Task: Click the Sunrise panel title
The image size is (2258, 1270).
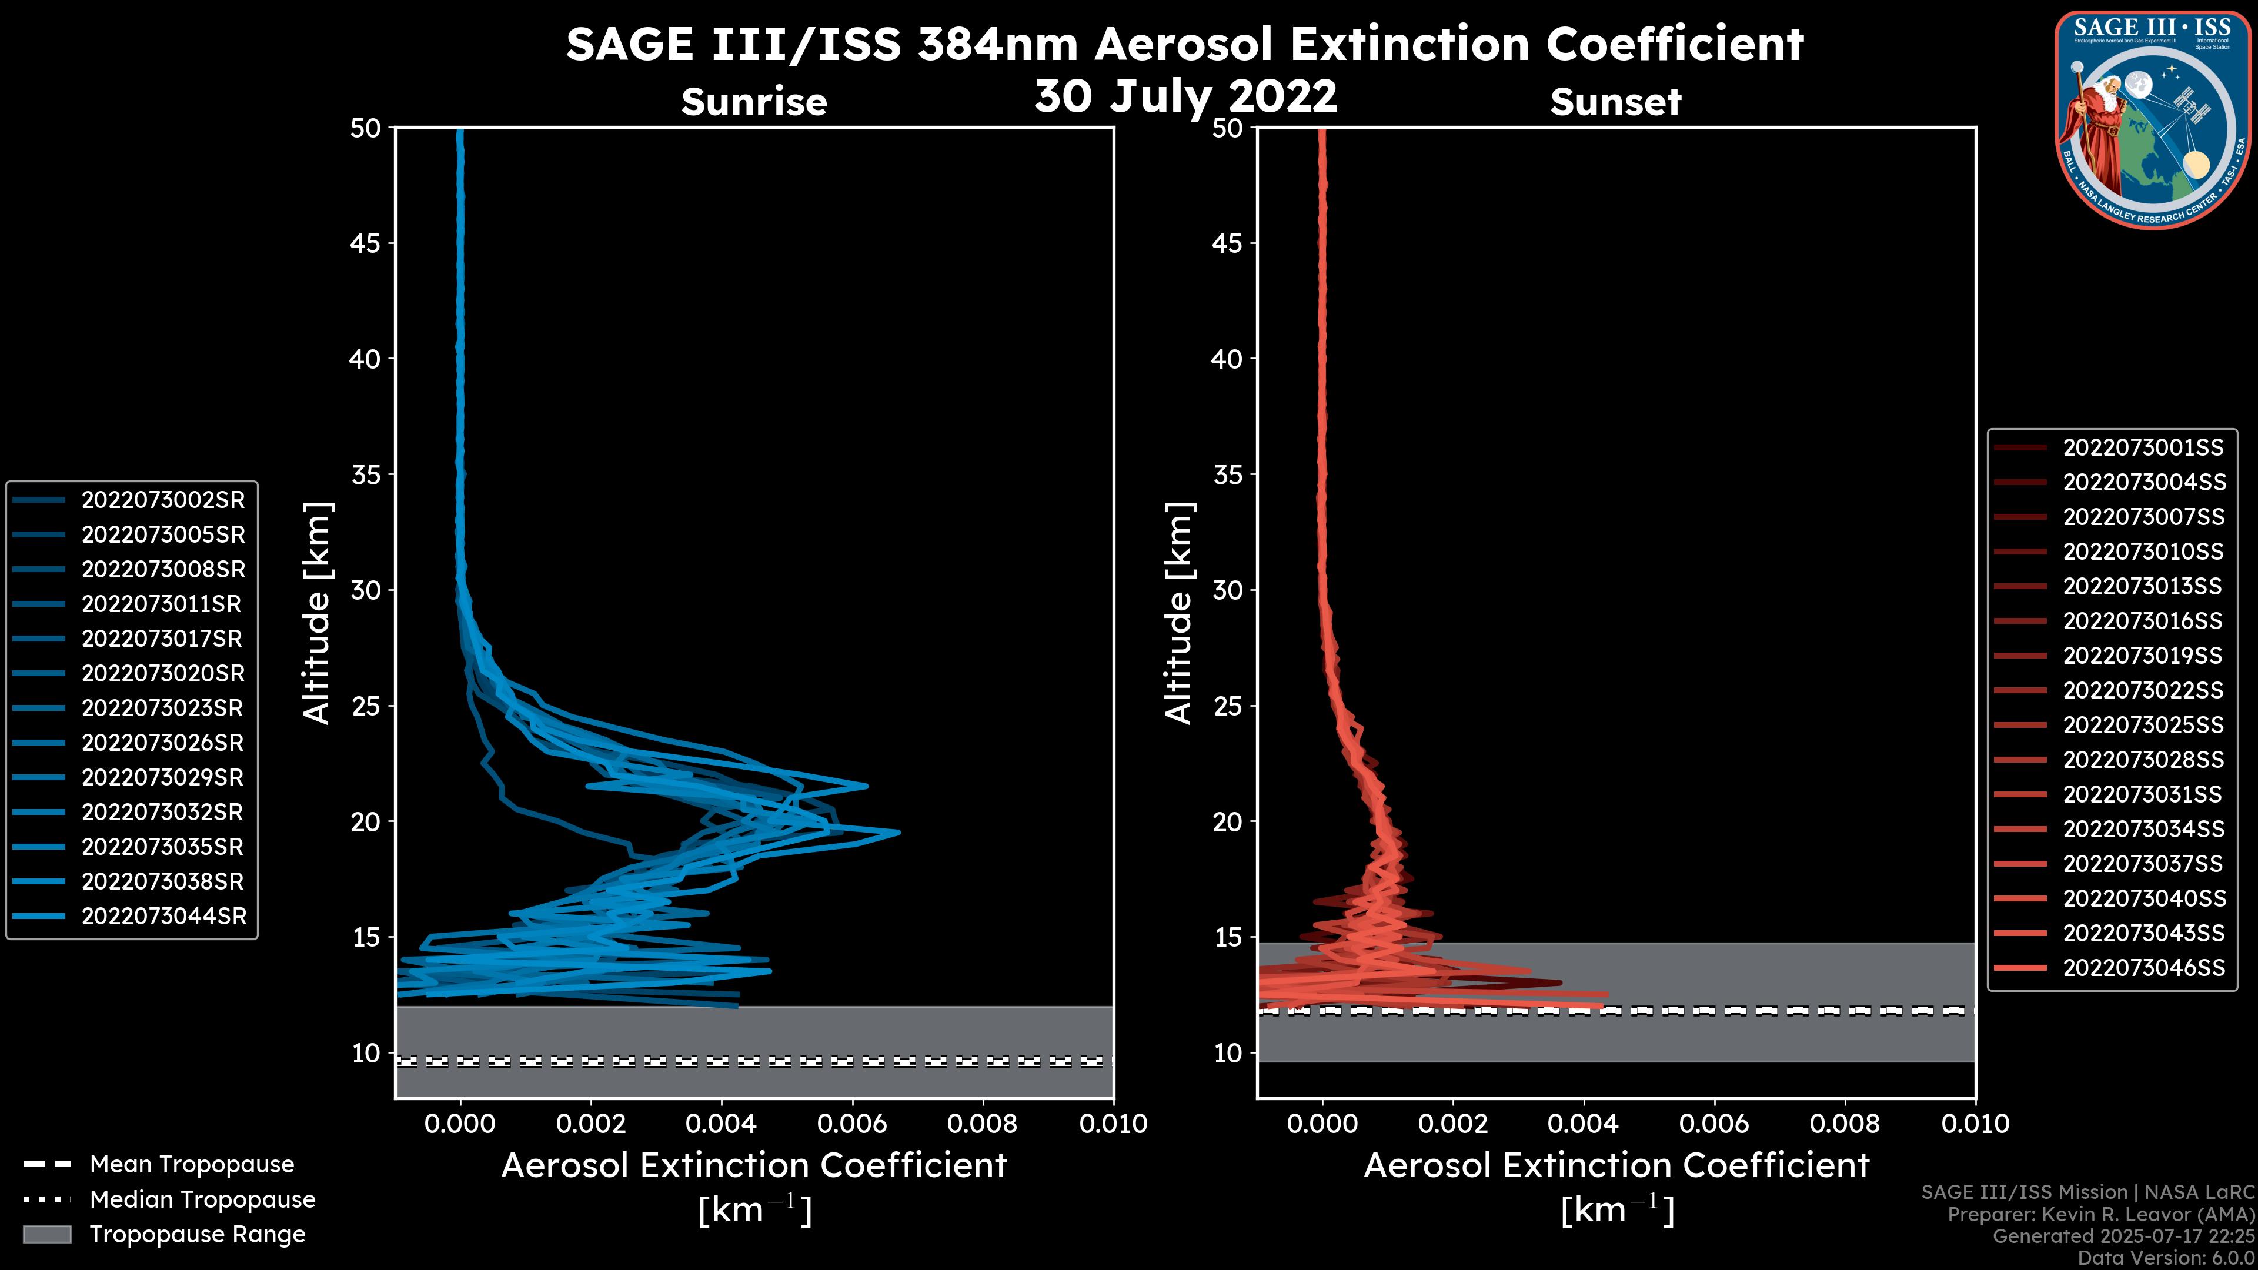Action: (754, 102)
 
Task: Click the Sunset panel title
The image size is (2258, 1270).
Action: (1615, 102)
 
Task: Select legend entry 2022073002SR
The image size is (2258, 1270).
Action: (163, 500)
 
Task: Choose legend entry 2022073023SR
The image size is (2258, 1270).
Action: (163, 707)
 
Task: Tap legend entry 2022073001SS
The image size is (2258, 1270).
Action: (2143, 447)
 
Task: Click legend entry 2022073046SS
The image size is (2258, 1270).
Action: (2143, 968)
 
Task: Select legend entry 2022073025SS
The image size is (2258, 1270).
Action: (2143, 725)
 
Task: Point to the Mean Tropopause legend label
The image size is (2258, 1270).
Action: (192, 1164)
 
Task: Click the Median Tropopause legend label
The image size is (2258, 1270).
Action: (202, 1199)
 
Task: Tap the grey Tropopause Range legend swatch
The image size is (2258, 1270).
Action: (46, 1234)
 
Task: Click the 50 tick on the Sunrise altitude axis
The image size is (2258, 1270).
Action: (366, 128)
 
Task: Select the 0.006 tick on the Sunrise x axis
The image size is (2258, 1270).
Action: (851, 1124)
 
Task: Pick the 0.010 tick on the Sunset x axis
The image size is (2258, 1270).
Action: (1975, 1124)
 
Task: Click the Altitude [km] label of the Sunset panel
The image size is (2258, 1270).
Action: (1179, 613)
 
